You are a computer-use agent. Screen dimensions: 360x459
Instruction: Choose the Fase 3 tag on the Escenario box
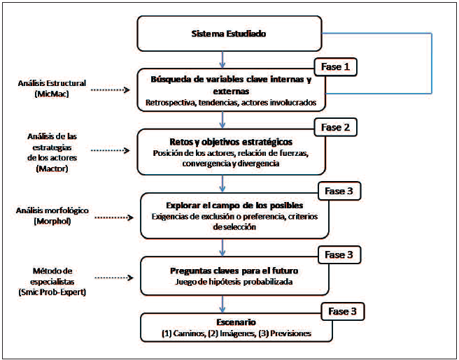pyautogui.click(x=343, y=310)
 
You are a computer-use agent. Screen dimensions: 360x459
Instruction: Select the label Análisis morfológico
pyautogui.click(x=45, y=210)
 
